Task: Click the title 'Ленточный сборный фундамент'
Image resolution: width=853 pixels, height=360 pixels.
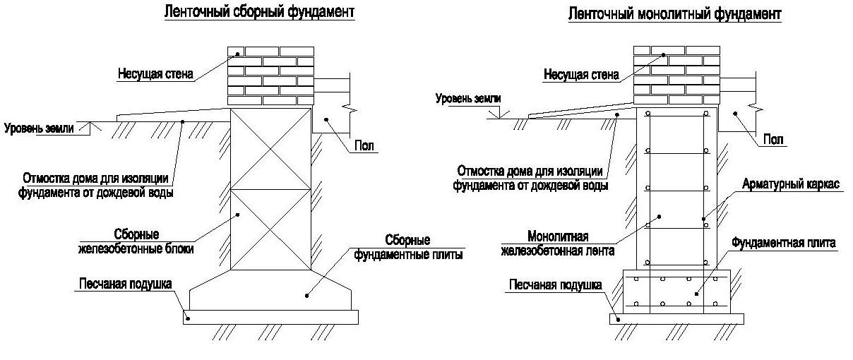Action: point(259,12)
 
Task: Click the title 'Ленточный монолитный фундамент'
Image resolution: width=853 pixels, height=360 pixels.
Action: point(675,14)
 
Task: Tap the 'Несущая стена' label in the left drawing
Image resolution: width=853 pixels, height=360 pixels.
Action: point(155,73)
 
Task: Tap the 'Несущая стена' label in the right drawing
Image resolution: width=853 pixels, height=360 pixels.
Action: point(581,74)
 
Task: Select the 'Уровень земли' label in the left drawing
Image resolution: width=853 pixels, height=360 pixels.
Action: point(39,128)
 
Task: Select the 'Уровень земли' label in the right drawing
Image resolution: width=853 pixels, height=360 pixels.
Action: point(468,99)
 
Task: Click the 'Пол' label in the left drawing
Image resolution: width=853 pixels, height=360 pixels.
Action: point(364,145)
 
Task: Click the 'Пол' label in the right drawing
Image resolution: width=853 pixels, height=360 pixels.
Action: point(773,139)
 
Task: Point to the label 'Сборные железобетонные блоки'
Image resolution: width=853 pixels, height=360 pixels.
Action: point(136,241)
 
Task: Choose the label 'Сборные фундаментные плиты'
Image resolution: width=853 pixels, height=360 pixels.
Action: point(408,247)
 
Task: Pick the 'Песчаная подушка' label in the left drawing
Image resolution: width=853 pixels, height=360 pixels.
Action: point(125,284)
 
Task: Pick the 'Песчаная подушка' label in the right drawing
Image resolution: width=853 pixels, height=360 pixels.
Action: point(556,285)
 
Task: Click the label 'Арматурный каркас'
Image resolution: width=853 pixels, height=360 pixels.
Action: point(791,184)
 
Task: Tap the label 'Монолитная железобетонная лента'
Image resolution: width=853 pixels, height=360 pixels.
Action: point(558,244)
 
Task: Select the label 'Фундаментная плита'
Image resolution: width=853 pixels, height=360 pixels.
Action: point(784,243)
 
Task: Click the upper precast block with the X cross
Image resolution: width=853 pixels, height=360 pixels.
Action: point(270,149)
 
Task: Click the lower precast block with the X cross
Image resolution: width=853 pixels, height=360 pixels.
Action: point(270,230)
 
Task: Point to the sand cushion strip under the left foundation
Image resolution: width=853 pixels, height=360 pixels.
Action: point(270,317)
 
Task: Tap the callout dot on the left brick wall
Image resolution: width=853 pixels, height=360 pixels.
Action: point(238,54)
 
